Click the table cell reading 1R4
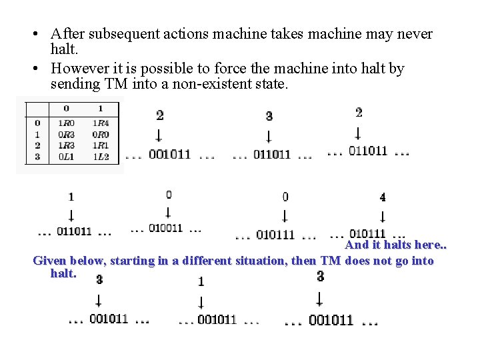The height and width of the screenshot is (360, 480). coord(101,123)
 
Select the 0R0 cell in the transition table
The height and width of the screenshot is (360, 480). coord(101,135)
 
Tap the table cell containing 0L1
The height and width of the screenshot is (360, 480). coord(66,157)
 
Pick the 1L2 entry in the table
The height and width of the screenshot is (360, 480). coord(101,157)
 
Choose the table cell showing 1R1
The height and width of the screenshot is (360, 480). coord(101,146)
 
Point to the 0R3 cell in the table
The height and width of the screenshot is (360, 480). coord(66,135)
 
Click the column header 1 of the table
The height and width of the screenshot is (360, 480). coord(101,108)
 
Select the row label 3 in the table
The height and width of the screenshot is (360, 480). coord(37,157)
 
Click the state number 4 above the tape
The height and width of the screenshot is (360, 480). coord(382,197)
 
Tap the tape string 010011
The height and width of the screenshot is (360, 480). coord(165,228)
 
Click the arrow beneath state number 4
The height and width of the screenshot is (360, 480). coord(382,216)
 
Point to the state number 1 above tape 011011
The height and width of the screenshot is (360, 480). coord(71,197)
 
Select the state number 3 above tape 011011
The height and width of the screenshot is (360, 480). coord(269,116)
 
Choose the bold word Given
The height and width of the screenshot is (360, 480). coord(51,261)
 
